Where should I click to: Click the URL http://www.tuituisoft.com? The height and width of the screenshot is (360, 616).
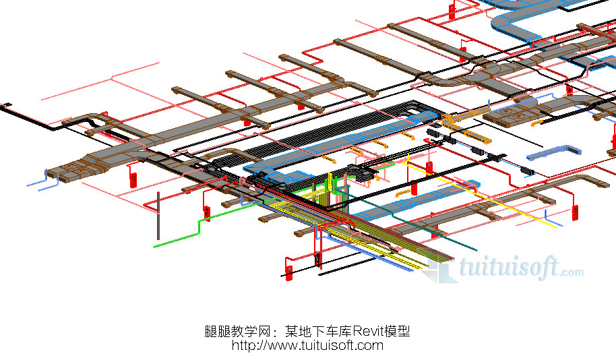click(x=307, y=345)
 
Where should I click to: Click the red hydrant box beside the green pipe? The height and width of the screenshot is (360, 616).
click(x=207, y=213)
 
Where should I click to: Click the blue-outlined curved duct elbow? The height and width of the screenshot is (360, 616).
click(x=512, y=20)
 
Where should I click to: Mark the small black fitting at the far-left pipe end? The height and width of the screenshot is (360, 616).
click(x=7, y=104)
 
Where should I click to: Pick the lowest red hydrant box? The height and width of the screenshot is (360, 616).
click(x=289, y=271)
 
